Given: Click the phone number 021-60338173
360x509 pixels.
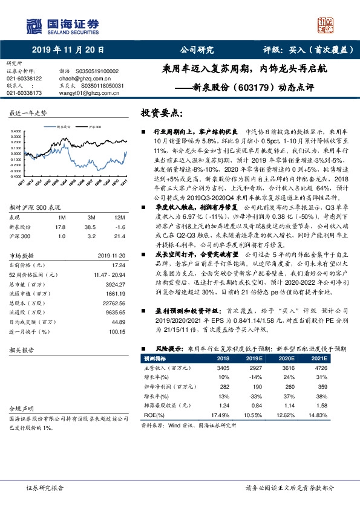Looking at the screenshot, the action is tap(24, 94).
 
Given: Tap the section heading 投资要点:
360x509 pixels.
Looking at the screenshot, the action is tap(160, 113).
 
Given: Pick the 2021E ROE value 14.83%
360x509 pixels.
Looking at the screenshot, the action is tap(322, 415).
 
